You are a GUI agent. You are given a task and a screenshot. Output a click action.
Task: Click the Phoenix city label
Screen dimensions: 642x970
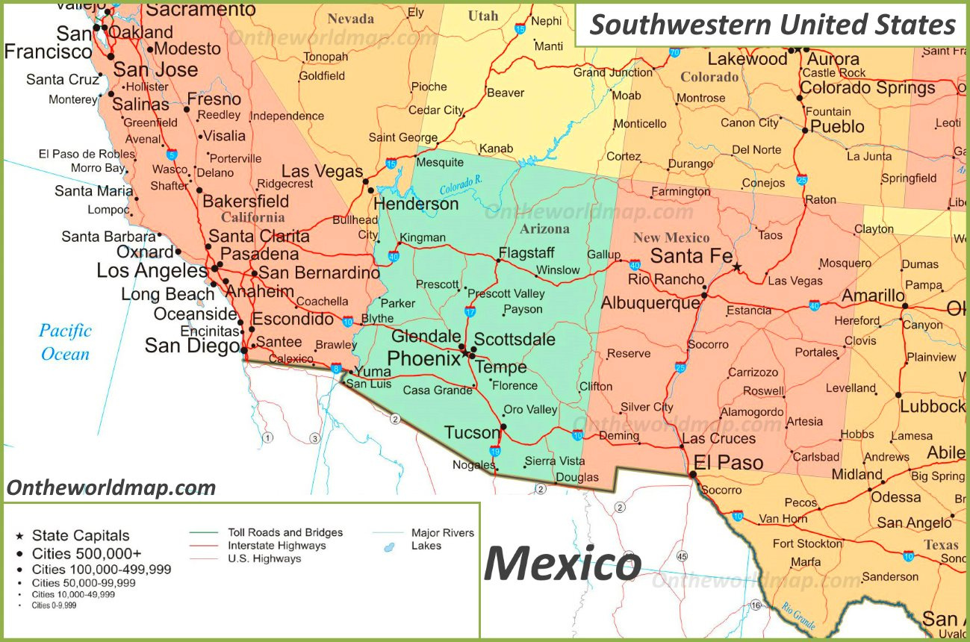pyautogui.click(x=423, y=358)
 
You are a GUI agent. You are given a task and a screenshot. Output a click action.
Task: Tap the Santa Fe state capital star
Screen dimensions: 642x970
pyautogui.click(x=737, y=267)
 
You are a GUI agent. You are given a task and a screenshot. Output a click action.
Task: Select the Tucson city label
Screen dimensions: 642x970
pyautogui.click(x=471, y=432)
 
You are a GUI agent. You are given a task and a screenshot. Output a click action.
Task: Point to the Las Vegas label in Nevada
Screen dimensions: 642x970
pyautogui.click(x=322, y=171)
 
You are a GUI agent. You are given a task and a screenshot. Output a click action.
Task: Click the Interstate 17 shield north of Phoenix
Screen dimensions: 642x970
pyautogui.click(x=470, y=311)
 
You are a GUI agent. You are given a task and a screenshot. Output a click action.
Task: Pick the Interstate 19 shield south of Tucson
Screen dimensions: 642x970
pyautogui.click(x=494, y=451)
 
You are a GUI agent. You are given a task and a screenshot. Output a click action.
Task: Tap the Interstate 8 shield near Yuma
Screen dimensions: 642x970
pyautogui.click(x=337, y=369)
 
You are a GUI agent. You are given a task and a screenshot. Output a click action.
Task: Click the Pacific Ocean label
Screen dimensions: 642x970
pyautogui.click(x=65, y=342)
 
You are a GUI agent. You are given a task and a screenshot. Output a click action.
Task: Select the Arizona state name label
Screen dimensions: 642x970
pyautogui.click(x=544, y=229)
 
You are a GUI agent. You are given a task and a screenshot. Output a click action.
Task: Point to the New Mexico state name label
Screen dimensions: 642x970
pyautogui.click(x=671, y=238)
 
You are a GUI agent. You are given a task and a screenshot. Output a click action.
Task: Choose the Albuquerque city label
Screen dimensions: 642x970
pyautogui.click(x=650, y=303)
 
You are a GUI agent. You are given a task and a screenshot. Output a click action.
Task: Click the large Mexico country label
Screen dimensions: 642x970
pyautogui.click(x=562, y=564)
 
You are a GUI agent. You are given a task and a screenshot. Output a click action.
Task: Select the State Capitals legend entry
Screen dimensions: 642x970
pyautogui.click(x=80, y=535)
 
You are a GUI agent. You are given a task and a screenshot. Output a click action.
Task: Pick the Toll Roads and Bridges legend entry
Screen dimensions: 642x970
pyautogui.click(x=285, y=532)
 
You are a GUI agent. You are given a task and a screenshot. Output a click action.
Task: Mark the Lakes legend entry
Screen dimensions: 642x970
pyautogui.click(x=426, y=546)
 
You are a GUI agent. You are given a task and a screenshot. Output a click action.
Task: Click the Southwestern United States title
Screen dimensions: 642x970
pyautogui.click(x=772, y=25)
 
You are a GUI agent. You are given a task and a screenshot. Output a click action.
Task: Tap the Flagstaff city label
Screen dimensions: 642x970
pyautogui.click(x=526, y=252)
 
